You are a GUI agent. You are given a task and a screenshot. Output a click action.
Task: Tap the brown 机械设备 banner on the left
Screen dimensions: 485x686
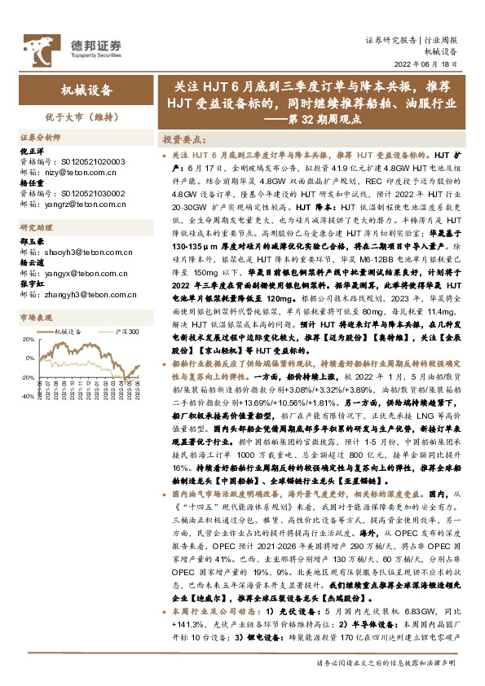[87, 91]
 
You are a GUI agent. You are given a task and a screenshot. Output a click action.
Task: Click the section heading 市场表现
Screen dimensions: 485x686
[36, 319]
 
